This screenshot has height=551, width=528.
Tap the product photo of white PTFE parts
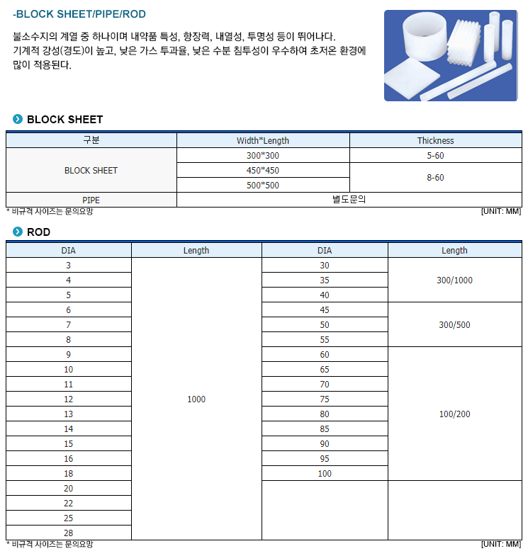coord(451,55)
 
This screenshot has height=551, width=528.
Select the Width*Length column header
coord(263,140)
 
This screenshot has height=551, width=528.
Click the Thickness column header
coord(435,140)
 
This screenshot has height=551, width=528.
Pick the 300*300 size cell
coord(263,155)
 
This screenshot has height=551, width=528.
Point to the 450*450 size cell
coord(263,170)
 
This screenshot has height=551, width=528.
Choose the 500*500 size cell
coord(263,185)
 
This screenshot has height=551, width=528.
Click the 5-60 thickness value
coord(435,155)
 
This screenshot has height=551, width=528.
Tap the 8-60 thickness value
coord(435,177)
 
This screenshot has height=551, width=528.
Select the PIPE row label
coord(91,200)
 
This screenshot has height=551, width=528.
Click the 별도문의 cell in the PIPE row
coord(349,200)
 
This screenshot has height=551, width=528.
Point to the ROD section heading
coord(38,232)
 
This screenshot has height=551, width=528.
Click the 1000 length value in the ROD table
coord(196,399)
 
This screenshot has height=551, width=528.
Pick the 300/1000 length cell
coord(454,280)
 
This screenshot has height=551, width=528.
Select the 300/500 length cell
coord(454,325)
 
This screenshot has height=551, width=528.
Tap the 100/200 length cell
coord(454,414)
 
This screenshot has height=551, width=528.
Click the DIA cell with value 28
coord(68,533)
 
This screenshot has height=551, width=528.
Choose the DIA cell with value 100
coord(325,474)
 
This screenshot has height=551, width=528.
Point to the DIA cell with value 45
coord(325,310)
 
